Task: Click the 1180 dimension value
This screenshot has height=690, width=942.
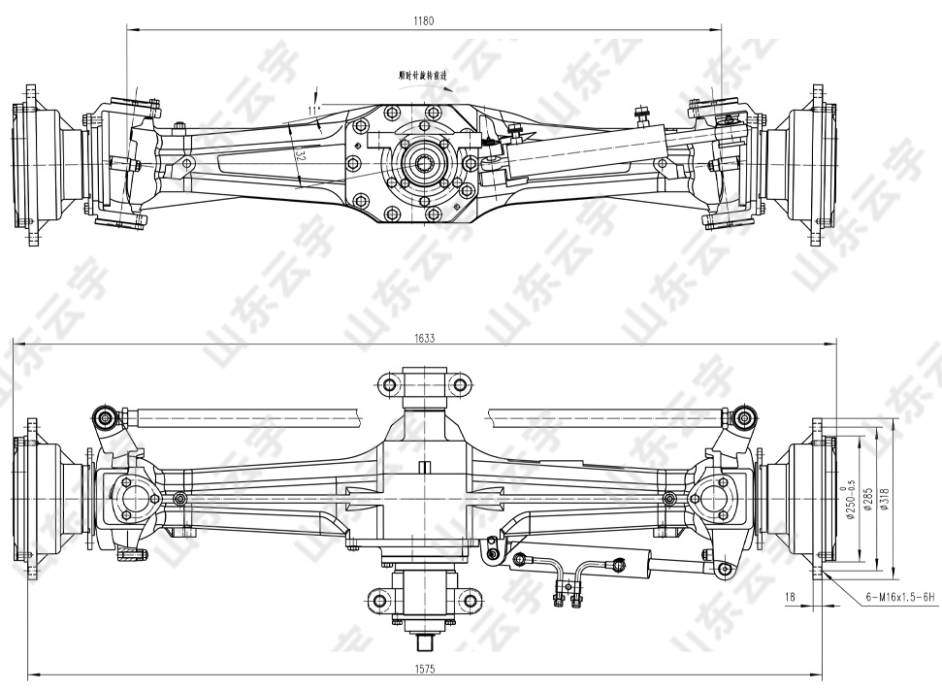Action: click(423, 20)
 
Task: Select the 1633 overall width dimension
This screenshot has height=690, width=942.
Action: click(423, 338)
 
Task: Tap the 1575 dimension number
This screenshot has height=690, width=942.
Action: click(423, 669)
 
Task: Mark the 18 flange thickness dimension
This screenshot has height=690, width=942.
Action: click(792, 598)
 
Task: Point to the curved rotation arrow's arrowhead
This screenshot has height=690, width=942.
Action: click(449, 87)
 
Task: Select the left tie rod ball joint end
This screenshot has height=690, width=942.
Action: click(102, 418)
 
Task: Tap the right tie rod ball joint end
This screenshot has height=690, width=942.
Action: click(745, 418)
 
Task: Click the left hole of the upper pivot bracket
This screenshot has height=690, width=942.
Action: click(390, 384)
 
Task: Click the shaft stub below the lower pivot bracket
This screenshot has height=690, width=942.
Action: click(424, 641)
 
